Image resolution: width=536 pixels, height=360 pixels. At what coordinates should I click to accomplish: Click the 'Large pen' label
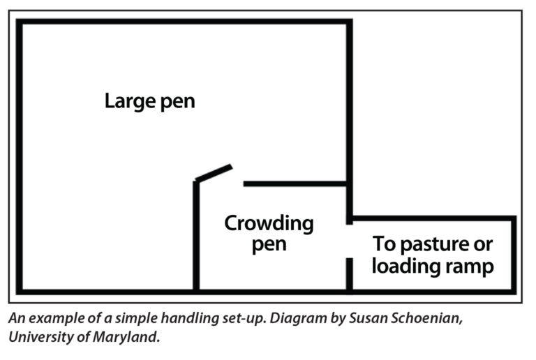[x=150, y=101]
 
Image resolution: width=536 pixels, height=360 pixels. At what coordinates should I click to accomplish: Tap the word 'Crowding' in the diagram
[x=269, y=224]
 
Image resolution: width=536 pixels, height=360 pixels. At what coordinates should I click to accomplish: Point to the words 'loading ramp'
[x=433, y=266]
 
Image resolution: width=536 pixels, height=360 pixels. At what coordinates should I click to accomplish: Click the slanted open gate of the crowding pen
[x=214, y=172]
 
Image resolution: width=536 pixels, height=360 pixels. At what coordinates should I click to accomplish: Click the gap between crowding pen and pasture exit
[x=350, y=241]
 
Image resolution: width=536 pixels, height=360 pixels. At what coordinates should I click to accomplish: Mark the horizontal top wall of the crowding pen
[x=295, y=183]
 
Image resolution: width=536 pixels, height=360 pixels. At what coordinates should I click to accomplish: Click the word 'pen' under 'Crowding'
[x=269, y=246]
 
